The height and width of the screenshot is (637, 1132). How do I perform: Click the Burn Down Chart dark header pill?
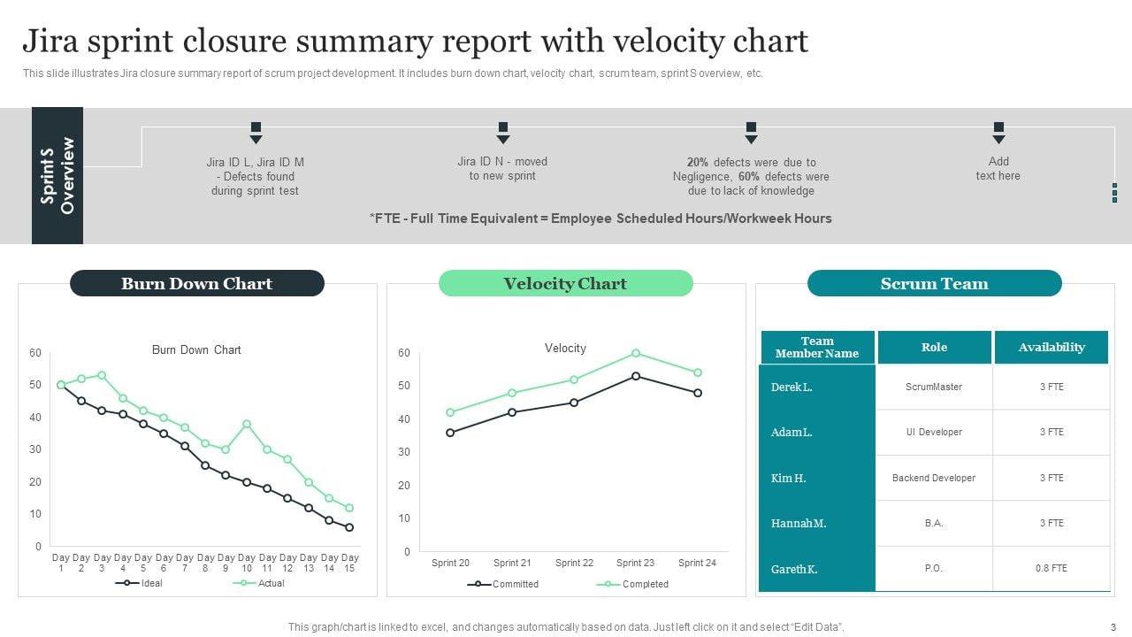[196, 283]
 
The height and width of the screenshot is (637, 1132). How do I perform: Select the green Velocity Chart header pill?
[565, 283]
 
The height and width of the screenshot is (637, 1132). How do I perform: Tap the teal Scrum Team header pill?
[934, 283]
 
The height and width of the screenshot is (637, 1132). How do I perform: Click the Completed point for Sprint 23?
[636, 353]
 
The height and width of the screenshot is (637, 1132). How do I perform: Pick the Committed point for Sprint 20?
[450, 433]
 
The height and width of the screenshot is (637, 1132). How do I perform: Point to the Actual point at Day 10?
[247, 424]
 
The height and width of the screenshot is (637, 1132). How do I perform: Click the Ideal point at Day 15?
[349, 527]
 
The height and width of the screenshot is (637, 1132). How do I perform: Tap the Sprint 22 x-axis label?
[574, 563]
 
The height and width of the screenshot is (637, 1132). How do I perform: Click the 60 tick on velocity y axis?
[404, 353]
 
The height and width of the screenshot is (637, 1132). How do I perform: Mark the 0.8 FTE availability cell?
[1051, 569]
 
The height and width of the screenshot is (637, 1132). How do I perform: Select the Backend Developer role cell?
[934, 478]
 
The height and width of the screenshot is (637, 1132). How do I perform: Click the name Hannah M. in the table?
[799, 524]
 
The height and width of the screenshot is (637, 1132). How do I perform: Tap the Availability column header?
[1051, 348]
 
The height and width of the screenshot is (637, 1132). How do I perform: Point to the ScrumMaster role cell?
[934, 387]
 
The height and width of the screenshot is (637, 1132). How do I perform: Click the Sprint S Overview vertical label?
[57, 175]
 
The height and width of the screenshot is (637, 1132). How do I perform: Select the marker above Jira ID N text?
[503, 133]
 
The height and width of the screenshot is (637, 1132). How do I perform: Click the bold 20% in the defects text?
[698, 162]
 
